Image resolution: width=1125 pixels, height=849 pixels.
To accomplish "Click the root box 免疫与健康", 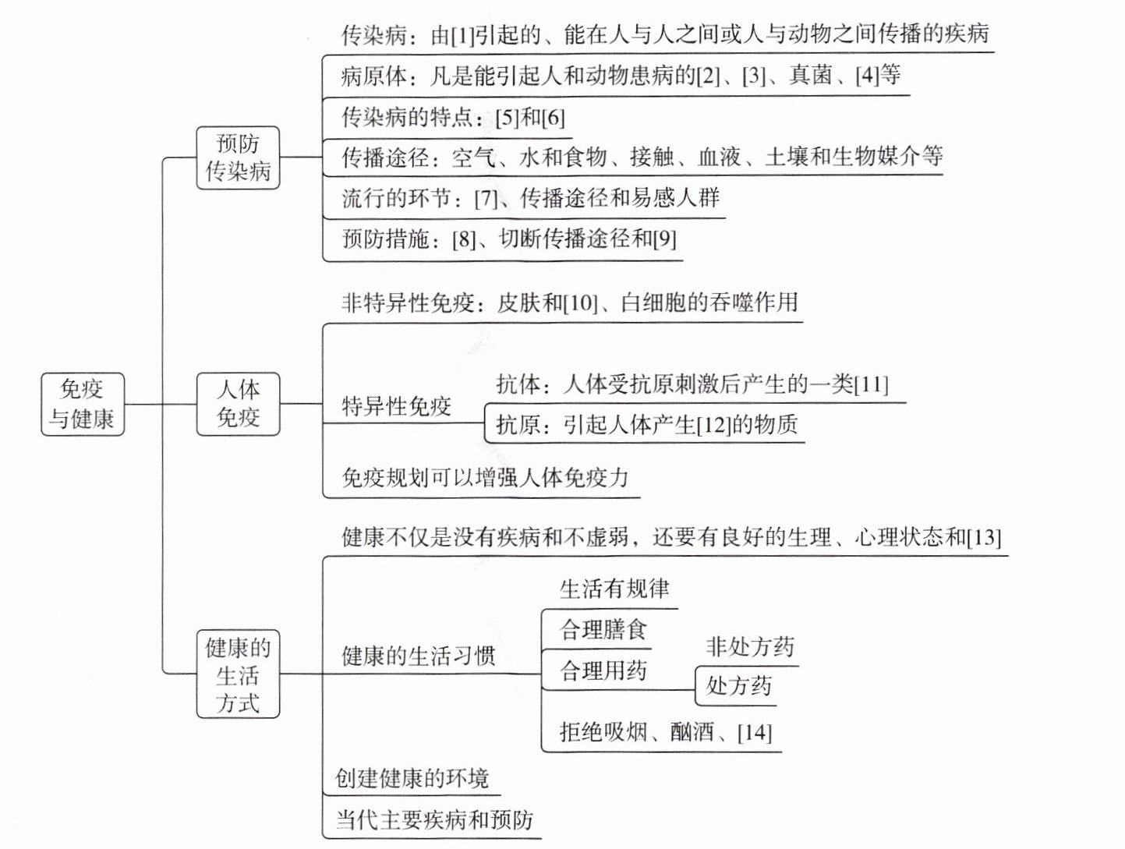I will [82, 404].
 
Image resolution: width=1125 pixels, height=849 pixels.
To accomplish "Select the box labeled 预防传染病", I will [238, 157].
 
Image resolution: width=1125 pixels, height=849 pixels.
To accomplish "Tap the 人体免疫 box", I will [238, 404].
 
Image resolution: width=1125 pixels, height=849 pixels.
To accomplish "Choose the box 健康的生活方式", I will [238, 674].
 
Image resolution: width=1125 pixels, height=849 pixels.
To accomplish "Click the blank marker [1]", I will [462, 35].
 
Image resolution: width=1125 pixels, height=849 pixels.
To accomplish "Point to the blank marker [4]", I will [867, 76].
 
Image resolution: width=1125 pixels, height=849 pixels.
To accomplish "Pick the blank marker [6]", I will [553, 119].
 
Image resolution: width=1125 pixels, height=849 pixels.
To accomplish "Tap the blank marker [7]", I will [486, 199].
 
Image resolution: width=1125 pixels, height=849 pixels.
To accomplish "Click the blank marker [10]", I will [579, 303].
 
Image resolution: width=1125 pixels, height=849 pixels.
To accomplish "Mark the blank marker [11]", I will [871, 384].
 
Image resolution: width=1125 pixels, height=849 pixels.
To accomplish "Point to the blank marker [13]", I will [983, 538].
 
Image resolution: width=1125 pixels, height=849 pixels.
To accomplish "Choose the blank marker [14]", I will [754, 733].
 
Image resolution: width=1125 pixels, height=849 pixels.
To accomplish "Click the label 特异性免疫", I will [396, 406].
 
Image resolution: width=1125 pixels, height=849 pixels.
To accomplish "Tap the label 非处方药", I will [750, 646].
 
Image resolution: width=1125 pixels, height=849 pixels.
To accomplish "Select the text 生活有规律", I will [614, 589].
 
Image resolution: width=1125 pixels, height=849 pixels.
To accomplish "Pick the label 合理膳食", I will [603, 630].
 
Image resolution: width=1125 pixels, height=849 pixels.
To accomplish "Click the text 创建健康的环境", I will [412, 778].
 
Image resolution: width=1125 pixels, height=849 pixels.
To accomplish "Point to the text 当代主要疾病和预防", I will [434, 819].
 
